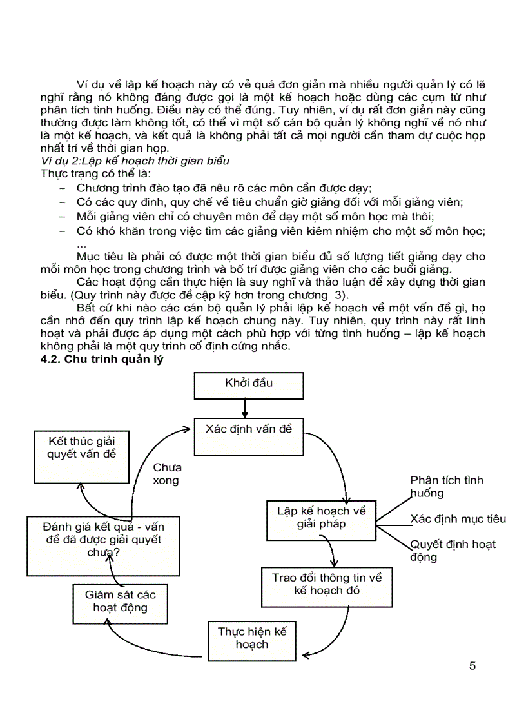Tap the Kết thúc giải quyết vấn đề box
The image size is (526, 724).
pos(80,457)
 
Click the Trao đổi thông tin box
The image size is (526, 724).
pos(327,586)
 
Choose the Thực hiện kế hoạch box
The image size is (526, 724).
pos(252,639)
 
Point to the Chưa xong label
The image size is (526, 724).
pos(167,474)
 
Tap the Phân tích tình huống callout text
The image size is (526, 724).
pos(446,487)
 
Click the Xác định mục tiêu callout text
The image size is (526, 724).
pos(458,519)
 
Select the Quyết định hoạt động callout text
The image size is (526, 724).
pos(453,551)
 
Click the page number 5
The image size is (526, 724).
pos(472,666)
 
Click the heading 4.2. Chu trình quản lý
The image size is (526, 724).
pos(102,360)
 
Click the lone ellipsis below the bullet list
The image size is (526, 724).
pos(81,245)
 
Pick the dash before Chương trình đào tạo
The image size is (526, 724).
pos(63,188)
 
